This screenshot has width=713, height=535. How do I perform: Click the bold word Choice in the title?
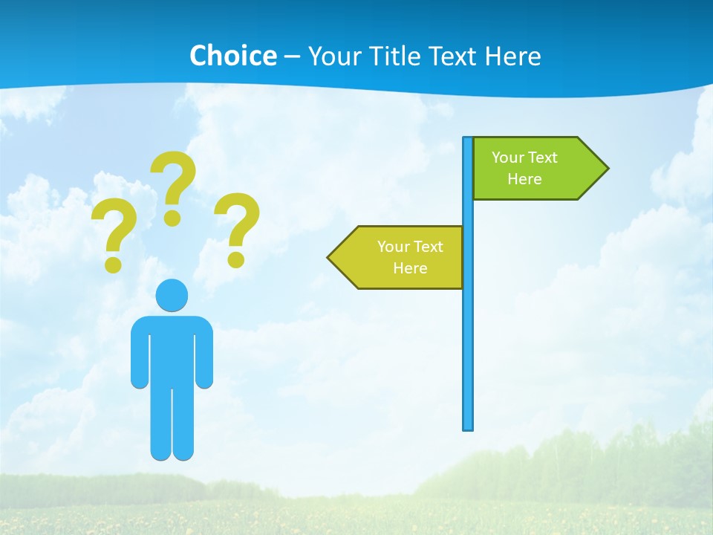point(232,56)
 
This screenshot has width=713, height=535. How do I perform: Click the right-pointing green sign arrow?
point(535,168)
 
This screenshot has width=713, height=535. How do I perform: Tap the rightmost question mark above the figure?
point(237,227)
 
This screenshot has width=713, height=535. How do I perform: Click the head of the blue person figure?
point(172,296)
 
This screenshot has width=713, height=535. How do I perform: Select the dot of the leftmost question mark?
point(113,264)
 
